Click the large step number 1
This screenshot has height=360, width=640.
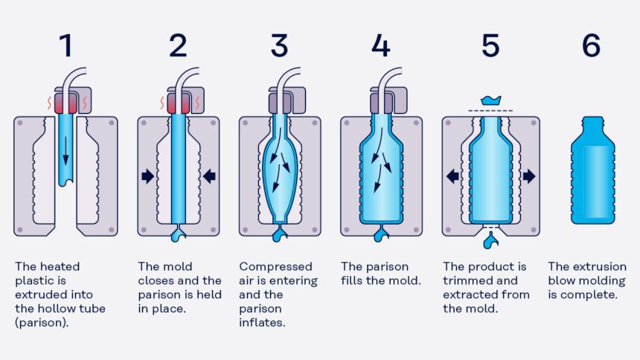[x=66, y=45]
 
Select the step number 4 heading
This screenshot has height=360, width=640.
[x=380, y=45]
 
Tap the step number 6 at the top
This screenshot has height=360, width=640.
[x=591, y=45]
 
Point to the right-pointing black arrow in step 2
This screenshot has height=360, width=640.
[x=147, y=176]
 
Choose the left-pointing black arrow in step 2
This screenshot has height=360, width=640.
[x=209, y=176]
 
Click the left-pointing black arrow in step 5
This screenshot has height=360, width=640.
[x=452, y=176]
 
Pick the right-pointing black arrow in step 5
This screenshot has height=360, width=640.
[x=529, y=176]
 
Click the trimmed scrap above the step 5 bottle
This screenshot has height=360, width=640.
[x=490, y=100]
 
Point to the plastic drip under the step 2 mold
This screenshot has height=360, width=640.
[x=178, y=234]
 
